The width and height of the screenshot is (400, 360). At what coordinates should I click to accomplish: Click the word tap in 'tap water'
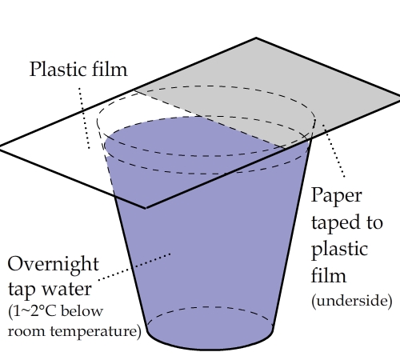(x=21, y=290)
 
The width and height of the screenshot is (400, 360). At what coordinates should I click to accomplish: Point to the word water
(x=66, y=289)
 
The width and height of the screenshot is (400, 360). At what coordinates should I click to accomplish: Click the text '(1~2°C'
(x=32, y=311)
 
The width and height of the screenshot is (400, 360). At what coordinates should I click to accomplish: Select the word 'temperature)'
(x=95, y=332)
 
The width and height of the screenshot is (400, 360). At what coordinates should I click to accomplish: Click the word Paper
(x=337, y=196)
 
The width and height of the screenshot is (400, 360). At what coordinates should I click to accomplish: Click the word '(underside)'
(x=352, y=301)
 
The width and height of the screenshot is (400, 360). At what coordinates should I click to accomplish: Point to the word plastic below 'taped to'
(x=340, y=250)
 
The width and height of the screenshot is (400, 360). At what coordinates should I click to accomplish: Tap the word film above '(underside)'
(x=329, y=275)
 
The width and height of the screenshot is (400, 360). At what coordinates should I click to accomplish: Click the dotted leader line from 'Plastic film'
(x=84, y=118)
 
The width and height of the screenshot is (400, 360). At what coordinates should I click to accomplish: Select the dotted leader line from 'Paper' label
(x=334, y=150)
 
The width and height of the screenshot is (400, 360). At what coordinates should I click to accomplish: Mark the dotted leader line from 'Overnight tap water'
(x=134, y=267)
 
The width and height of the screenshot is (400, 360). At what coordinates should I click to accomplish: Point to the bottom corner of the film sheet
(x=146, y=208)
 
